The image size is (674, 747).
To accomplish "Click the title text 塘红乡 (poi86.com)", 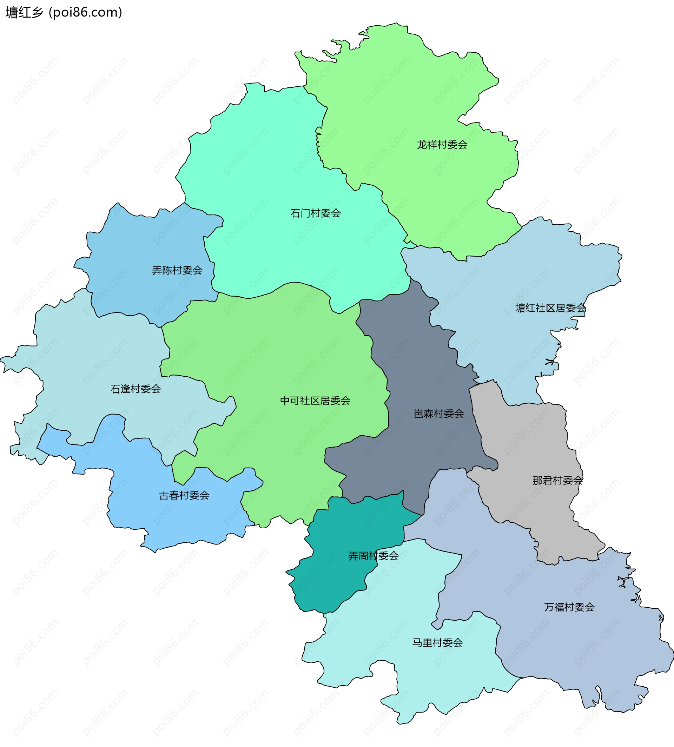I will (x=64, y=13).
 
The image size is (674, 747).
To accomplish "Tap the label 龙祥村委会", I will (x=442, y=145).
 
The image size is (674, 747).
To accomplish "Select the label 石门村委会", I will (x=316, y=213).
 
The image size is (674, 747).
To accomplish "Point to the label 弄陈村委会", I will (x=177, y=270).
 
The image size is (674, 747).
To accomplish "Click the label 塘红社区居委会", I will (x=551, y=308).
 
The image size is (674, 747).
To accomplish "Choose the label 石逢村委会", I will (x=136, y=389).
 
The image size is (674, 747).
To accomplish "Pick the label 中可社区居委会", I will (x=315, y=401).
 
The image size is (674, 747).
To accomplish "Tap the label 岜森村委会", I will (x=438, y=414).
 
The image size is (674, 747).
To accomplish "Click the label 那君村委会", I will (x=558, y=481).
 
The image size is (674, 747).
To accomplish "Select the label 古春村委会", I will (x=184, y=496).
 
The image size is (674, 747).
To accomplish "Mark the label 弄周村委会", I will (x=373, y=556).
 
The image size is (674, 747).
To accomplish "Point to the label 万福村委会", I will (x=569, y=607).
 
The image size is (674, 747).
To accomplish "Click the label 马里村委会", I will (x=437, y=642).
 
